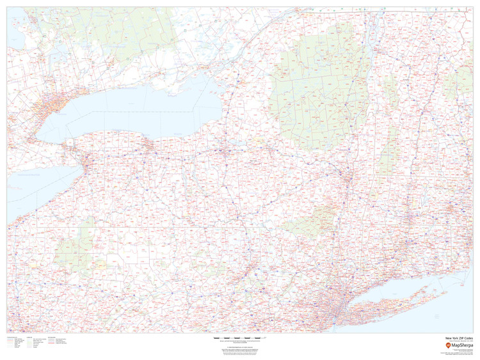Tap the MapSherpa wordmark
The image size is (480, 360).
click(x=461, y=345)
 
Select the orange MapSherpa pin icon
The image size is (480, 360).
click(x=447, y=345)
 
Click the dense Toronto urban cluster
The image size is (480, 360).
click(x=48, y=106)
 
